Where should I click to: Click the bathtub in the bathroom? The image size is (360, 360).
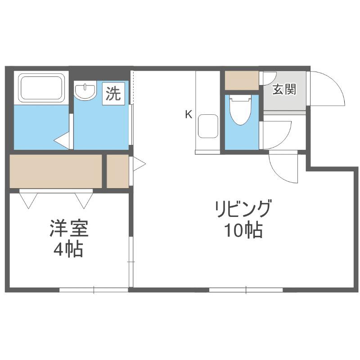41,88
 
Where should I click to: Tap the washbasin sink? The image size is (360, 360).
85,90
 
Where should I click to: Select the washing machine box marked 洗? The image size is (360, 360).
113,94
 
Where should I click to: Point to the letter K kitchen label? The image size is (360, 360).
189,114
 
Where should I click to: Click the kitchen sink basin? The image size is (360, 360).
208,126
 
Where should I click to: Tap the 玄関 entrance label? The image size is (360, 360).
284,89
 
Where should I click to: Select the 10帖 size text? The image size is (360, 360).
243,230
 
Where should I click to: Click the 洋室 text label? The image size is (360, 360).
69,228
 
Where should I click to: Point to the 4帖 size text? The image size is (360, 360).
68,249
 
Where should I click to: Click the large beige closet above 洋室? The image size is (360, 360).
55,171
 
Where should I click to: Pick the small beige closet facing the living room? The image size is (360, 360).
118,171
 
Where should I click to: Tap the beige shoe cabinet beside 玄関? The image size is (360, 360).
242,81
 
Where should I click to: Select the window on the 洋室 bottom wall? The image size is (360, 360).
94,290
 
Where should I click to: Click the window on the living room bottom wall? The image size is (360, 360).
246,290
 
